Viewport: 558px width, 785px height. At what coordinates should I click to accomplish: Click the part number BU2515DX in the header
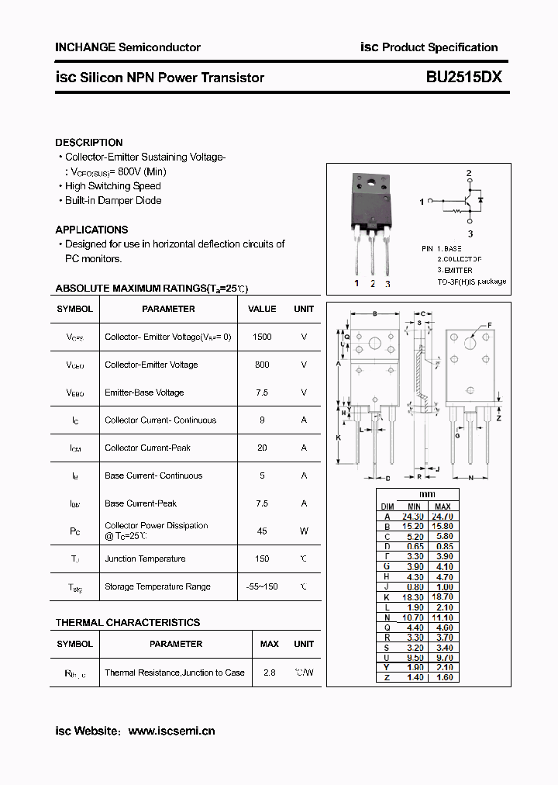[464, 78]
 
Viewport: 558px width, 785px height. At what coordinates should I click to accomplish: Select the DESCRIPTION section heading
[89, 143]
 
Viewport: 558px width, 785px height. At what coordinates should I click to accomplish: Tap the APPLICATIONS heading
[91, 230]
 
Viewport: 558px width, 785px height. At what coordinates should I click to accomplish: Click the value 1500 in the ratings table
[262, 337]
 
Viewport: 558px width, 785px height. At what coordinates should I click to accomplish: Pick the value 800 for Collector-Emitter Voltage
[262, 365]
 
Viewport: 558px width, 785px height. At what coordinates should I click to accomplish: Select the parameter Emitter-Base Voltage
[144, 392]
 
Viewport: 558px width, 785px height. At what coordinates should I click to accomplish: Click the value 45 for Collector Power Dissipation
[262, 531]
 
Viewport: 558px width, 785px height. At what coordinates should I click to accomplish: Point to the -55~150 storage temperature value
[262, 586]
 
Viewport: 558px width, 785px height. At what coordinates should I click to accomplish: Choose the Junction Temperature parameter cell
[145, 558]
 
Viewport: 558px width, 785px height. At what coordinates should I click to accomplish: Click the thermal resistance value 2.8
[269, 673]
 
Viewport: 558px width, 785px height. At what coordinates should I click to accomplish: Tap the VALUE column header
[262, 309]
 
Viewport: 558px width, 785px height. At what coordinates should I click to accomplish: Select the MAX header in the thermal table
[269, 644]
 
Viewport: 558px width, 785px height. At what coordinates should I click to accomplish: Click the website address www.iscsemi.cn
[171, 731]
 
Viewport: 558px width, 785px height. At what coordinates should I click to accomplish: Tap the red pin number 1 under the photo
[356, 284]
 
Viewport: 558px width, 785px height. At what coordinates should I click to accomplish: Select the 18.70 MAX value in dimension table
[442, 597]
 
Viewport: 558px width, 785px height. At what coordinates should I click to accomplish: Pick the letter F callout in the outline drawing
[489, 326]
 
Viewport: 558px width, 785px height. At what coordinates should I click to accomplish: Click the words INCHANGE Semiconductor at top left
[128, 47]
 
